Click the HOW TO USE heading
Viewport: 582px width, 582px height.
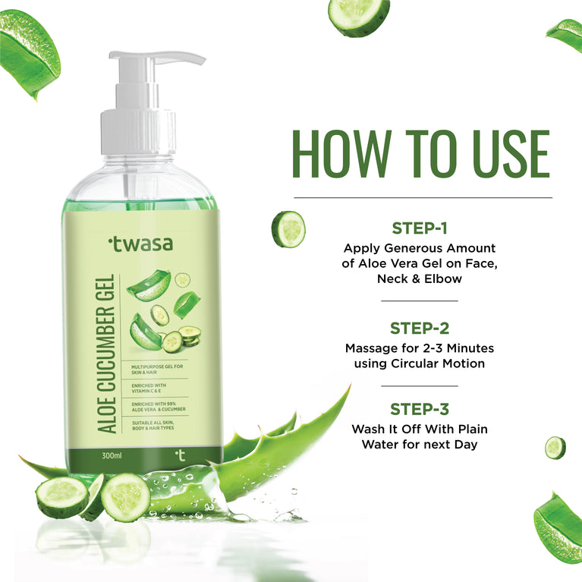tap(421, 155)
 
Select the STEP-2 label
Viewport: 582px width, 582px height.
tap(420, 328)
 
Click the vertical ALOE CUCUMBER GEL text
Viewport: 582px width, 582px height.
tap(107, 354)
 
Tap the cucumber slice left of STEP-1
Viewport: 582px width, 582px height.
tap(289, 229)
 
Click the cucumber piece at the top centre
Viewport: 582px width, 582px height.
tap(359, 16)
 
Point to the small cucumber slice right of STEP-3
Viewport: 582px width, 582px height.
tap(555, 448)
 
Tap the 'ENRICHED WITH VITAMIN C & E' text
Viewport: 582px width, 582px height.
tap(152, 389)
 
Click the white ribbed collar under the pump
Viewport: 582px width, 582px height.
tap(138, 132)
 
